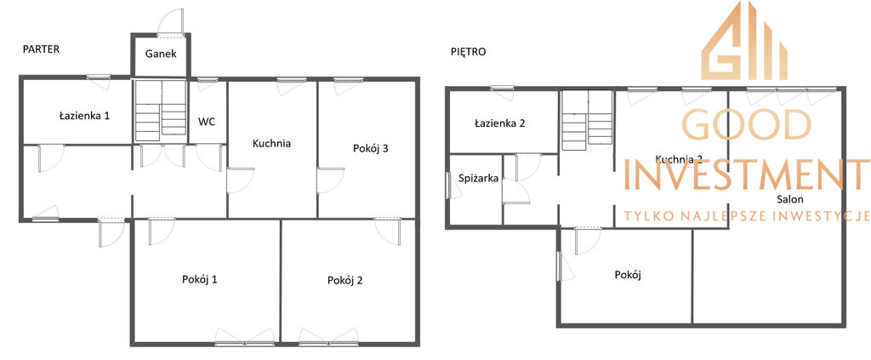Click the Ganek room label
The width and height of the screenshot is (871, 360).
tap(161, 54)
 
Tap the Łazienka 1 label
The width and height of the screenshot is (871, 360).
tap(84, 116)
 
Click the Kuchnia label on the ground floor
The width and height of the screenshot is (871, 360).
tap(271, 143)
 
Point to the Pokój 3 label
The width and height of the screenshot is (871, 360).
tap(370, 148)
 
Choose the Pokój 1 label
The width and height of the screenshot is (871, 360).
tap(199, 279)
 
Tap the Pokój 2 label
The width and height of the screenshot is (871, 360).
tap(345, 281)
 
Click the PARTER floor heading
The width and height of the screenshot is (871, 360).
tap(41, 49)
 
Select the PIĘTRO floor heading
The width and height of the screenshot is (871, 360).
tap(469, 52)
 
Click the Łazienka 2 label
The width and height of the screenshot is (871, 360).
tap(499, 123)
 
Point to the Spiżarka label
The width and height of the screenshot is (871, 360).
tap(479, 179)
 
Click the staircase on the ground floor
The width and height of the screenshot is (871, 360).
tap(161, 110)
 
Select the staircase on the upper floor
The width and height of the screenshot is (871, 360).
tap(587, 121)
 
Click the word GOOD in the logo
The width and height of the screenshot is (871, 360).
tap(746, 124)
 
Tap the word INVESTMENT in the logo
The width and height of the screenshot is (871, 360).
tap(748, 174)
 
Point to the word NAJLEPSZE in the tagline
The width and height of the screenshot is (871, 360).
tap(729, 216)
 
